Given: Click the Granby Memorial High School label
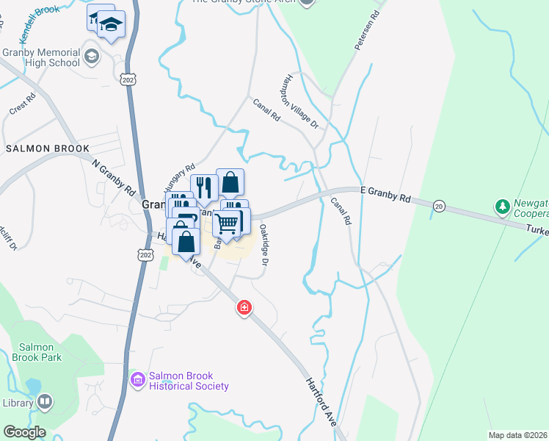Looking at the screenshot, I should click(x=40, y=57).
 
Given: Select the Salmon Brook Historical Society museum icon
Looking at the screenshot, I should click(x=137, y=379).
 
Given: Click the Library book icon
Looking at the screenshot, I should click(x=46, y=401).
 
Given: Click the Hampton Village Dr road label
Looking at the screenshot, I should click(x=302, y=101).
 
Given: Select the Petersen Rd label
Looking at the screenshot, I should click(x=368, y=30).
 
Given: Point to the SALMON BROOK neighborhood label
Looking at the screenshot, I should click(x=48, y=148).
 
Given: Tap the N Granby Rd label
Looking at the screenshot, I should click(x=115, y=177).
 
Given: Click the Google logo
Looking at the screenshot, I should click(x=24, y=432).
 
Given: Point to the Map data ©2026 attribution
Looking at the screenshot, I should click(x=517, y=435).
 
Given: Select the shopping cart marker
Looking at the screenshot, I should click(x=228, y=223).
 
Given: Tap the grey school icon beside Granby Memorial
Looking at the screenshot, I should click(x=92, y=56).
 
